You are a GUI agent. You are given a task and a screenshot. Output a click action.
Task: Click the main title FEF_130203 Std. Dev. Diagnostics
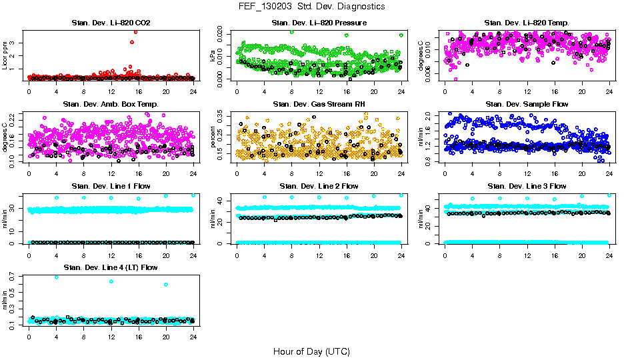311,6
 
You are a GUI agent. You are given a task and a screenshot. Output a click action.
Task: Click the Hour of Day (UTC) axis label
311,351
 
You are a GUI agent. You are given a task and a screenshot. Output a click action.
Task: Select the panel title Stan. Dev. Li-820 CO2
111,23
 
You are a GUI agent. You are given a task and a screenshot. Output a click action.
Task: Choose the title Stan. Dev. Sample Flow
527,104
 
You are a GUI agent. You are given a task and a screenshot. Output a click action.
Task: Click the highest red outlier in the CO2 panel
135,31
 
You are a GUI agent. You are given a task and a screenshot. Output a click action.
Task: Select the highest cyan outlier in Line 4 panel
56,277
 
